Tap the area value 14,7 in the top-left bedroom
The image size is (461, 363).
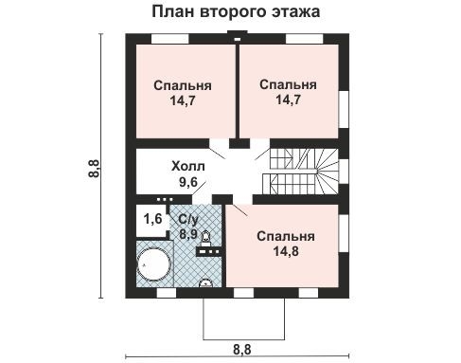(182, 100)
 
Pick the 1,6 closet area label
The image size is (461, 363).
(151, 219)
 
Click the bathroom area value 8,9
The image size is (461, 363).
(188, 233)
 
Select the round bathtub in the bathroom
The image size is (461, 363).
(152, 263)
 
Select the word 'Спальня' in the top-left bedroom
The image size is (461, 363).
(182, 84)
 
